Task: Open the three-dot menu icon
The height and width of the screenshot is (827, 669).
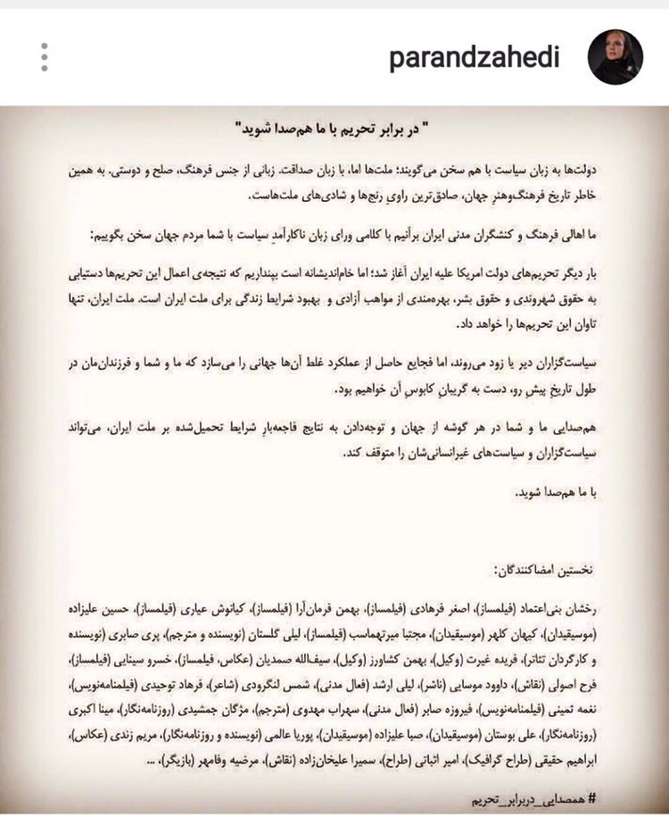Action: pos(44,57)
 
